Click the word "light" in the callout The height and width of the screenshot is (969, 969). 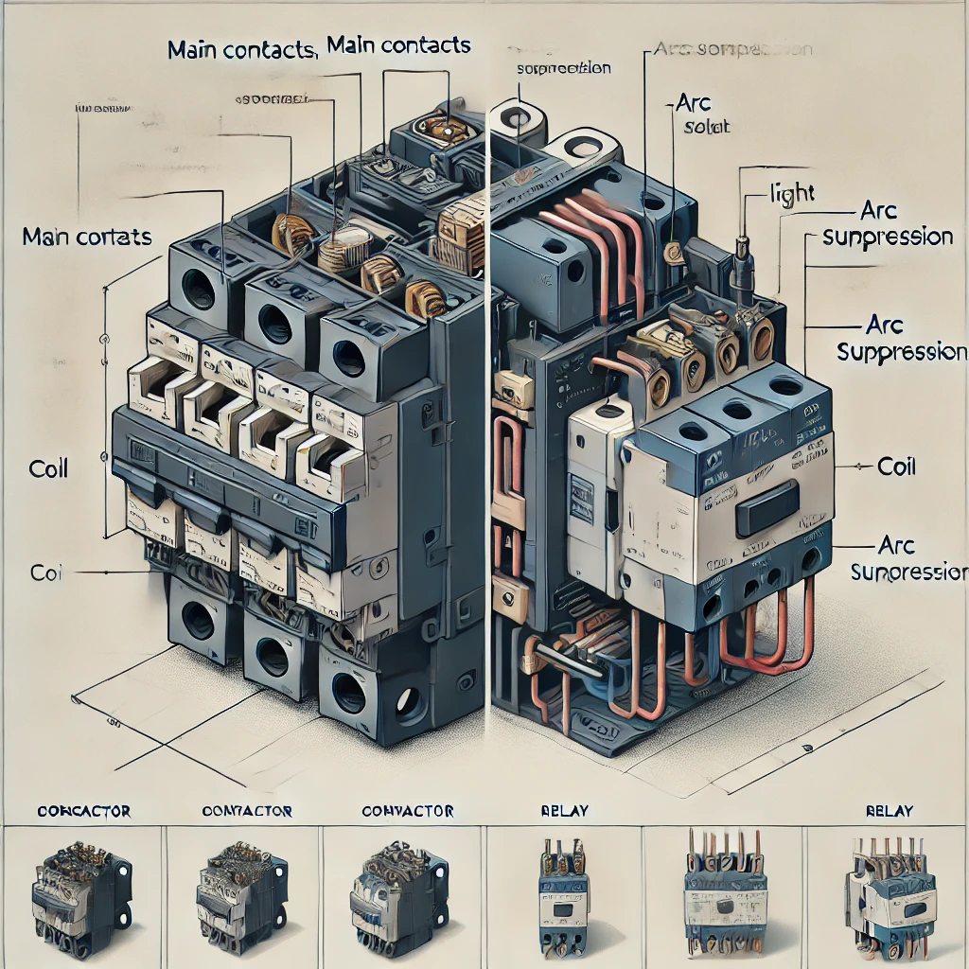click(x=792, y=194)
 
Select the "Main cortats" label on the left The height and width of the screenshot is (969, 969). click(x=87, y=237)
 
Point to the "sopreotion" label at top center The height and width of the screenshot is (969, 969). click(x=564, y=69)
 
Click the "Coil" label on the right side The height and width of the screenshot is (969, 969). click(x=896, y=467)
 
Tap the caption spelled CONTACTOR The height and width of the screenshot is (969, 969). click(x=247, y=811)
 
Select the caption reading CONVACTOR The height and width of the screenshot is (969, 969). click(x=408, y=811)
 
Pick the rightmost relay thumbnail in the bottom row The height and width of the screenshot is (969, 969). click(x=890, y=894)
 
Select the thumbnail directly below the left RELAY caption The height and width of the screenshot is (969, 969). click(x=565, y=894)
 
